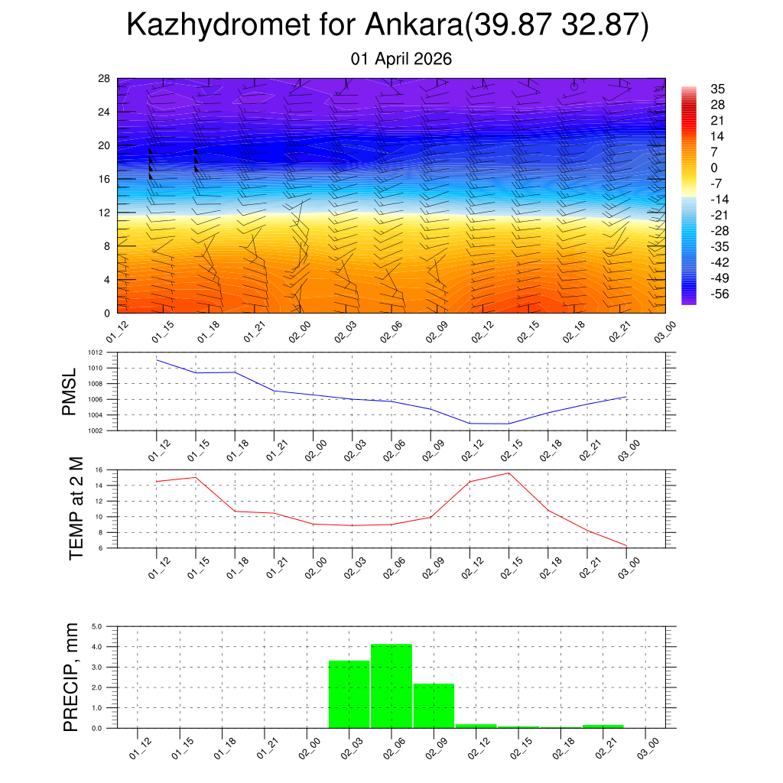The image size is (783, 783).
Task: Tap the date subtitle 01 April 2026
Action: (401, 59)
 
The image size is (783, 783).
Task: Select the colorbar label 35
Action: (717, 89)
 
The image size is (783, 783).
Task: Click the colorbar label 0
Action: (714, 168)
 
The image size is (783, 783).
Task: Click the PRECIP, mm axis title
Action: (71, 677)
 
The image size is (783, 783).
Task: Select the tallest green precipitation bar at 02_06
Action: (391, 686)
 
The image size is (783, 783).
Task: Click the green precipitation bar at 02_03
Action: (349, 694)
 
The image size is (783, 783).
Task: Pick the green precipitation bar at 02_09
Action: (434, 706)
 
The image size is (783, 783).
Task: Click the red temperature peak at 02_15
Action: (508, 473)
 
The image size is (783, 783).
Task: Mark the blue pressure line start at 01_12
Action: (157, 360)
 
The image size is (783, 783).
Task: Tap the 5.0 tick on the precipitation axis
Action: (97, 627)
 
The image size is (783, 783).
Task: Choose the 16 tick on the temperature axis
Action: (99, 469)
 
